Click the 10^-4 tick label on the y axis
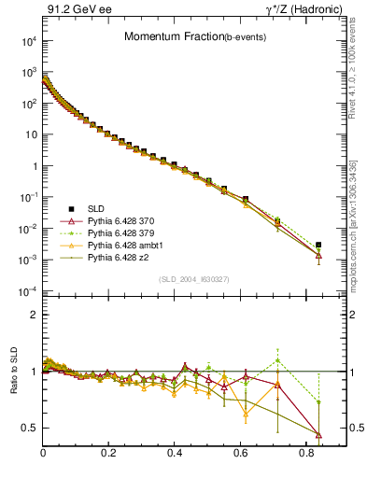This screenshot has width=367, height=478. (27, 291)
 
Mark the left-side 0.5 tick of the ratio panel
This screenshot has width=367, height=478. (31, 428)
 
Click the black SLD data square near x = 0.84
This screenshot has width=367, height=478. (318, 245)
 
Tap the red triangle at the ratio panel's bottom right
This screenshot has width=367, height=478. (318, 434)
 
